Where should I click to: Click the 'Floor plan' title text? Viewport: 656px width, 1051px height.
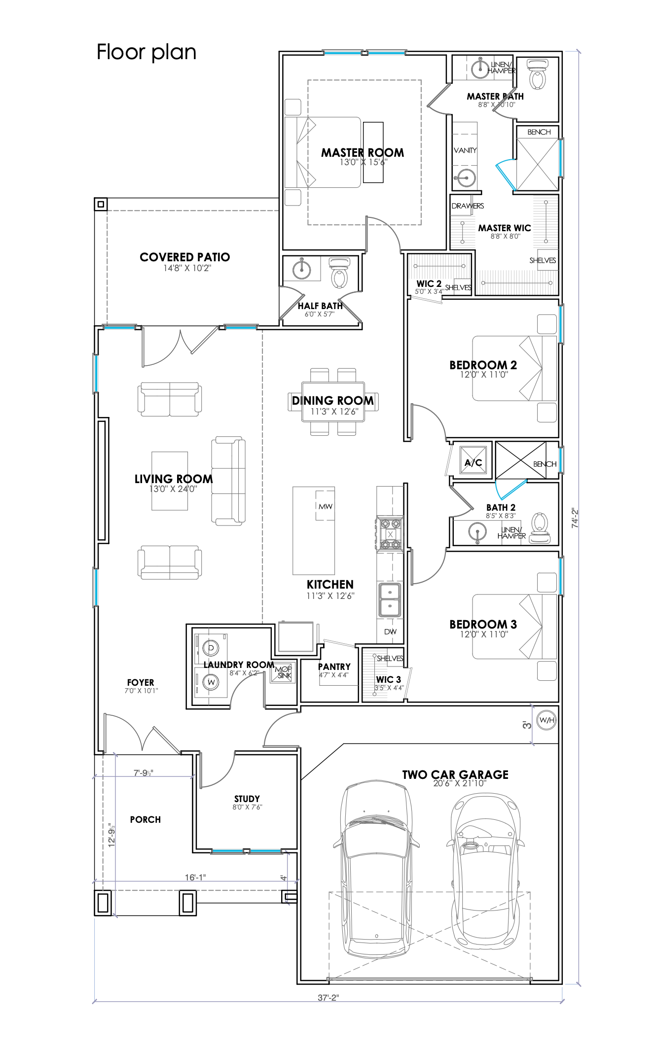click(146, 52)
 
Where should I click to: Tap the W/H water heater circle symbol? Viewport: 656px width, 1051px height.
click(547, 720)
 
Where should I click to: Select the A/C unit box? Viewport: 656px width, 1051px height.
click(474, 461)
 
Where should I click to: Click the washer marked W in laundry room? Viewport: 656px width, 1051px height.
click(211, 682)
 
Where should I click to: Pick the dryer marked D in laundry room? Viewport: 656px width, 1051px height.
click(211, 648)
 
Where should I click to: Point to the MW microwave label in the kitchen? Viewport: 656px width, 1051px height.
click(326, 506)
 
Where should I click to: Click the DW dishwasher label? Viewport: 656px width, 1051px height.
click(390, 631)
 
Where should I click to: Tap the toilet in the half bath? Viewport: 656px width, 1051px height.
click(339, 273)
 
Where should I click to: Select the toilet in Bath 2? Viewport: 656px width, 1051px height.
click(540, 528)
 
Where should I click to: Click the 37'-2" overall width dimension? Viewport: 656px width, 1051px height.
click(328, 998)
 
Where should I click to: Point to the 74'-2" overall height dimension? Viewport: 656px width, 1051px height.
click(575, 518)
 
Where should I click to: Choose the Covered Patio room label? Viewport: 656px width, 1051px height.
click(185, 257)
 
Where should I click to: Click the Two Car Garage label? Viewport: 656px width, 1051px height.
click(455, 774)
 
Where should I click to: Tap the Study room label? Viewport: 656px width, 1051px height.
click(247, 799)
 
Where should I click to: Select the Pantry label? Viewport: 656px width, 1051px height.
click(334, 666)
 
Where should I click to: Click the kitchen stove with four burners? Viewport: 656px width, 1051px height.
click(390, 534)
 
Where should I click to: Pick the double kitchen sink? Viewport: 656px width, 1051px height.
click(390, 600)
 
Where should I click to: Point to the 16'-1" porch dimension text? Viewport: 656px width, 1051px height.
click(195, 877)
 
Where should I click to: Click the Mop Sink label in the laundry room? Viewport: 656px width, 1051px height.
click(284, 672)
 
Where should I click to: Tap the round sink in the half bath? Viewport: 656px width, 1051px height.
click(301, 269)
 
